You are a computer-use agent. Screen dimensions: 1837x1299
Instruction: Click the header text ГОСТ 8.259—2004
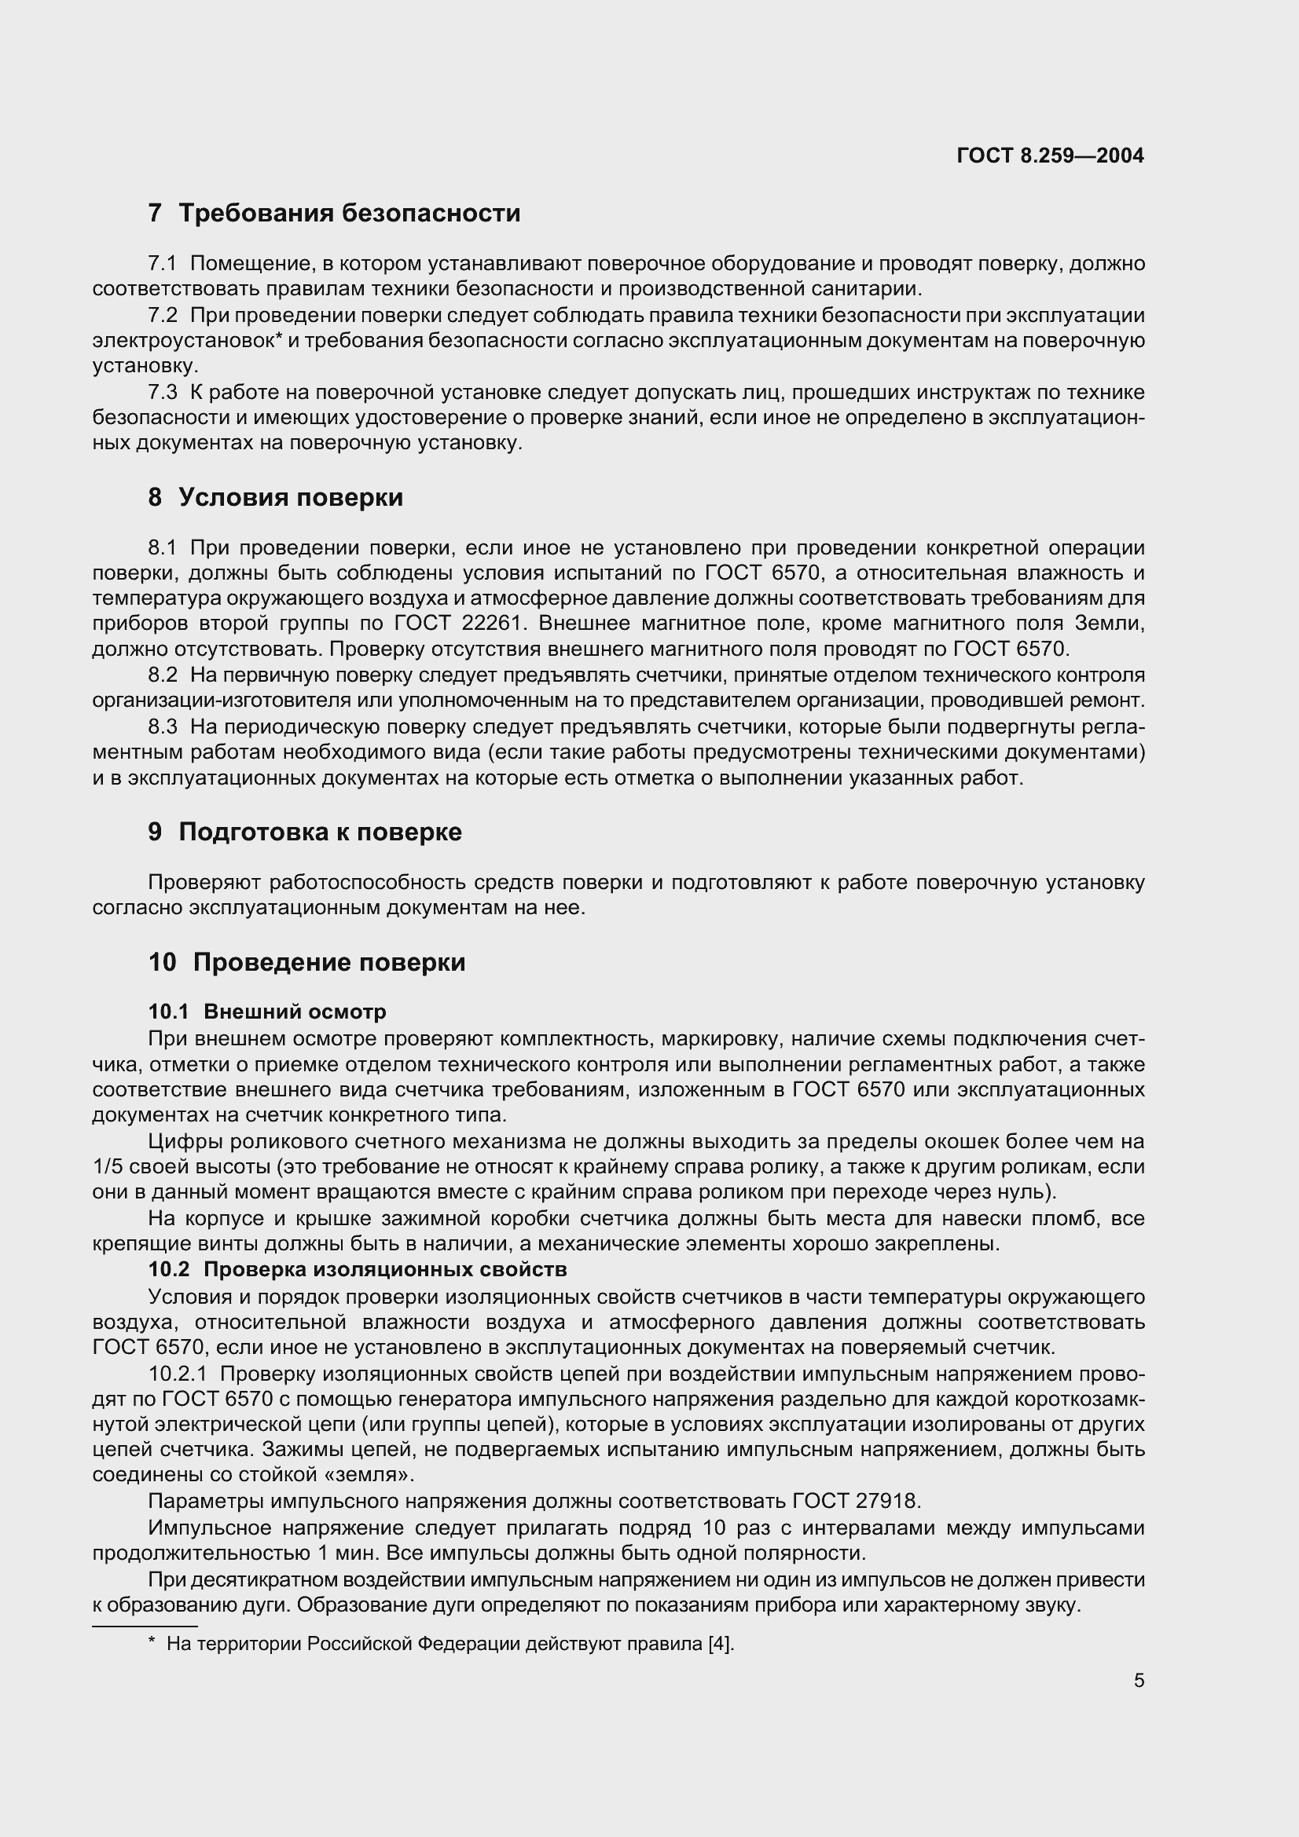point(1050,156)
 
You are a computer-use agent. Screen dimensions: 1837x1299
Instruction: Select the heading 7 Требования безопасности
point(334,213)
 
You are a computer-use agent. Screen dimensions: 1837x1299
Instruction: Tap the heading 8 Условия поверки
point(275,498)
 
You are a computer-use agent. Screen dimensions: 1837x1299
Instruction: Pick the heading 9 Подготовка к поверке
point(305,832)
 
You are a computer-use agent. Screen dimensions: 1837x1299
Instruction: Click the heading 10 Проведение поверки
point(306,962)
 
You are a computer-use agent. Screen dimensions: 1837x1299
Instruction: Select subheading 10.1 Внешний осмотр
point(267,1012)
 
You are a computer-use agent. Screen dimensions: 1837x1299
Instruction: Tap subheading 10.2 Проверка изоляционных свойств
point(358,1270)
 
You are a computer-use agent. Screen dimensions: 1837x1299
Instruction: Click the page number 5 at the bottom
point(1139,1681)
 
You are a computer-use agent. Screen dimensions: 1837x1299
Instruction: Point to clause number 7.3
point(163,393)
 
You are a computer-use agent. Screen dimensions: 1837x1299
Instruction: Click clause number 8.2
point(163,675)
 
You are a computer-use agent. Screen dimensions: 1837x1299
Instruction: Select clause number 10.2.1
point(178,1374)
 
